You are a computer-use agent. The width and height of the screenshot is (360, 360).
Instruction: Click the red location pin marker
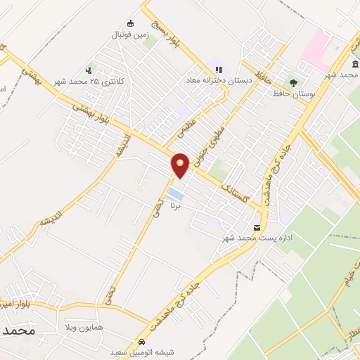click(181, 165)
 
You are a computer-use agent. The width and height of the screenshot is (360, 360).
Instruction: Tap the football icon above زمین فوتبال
click(129, 22)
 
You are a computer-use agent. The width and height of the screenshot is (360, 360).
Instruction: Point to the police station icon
click(88, 70)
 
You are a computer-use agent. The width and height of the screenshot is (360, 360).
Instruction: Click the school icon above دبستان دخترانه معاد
click(219, 70)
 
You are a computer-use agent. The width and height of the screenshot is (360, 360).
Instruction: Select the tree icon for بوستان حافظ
click(293, 82)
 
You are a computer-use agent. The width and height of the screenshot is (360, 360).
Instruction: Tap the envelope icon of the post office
click(258, 227)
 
